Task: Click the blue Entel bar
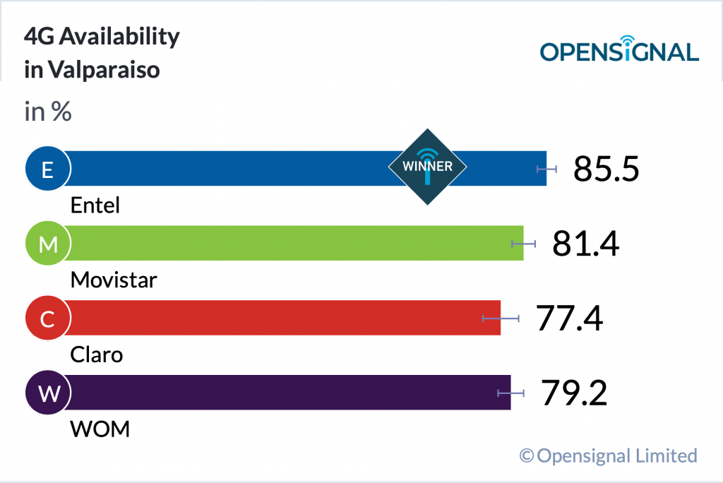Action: pyautogui.click(x=233, y=169)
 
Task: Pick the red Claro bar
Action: pyautogui.click(x=282, y=318)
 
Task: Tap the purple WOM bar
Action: pyautogui.click(x=282, y=393)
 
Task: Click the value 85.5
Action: pyautogui.click(x=606, y=169)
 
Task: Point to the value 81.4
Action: pyautogui.click(x=585, y=244)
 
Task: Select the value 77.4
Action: pyautogui.click(x=569, y=318)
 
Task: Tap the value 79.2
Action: pyautogui.click(x=574, y=393)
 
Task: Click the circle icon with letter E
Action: pyautogui.click(x=47, y=169)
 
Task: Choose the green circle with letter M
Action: pyautogui.click(x=47, y=244)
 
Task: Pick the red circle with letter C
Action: pyautogui.click(x=47, y=318)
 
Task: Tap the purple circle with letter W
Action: pyautogui.click(x=47, y=393)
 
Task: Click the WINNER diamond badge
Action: pyautogui.click(x=427, y=167)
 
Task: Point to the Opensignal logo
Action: pyautogui.click(x=619, y=49)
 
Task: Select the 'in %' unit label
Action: pyautogui.click(x=48, y=112)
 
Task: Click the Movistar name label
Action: pyautogui.click(x=114, y=280)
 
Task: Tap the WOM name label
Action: pyautogui.click(x=100, y=429)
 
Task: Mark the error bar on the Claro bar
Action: pyautogui.click(x=501, y=318)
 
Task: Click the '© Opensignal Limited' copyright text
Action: pyautogui.click(x=608, y=455)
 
